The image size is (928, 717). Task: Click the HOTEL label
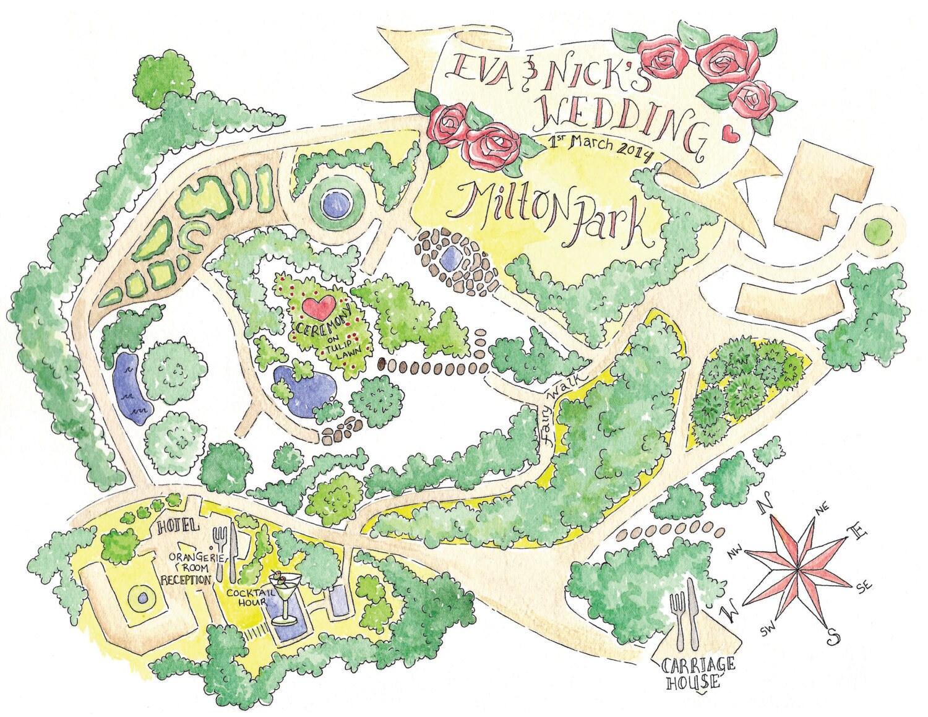pos(179,527)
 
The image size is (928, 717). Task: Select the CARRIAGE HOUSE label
pos(698,674)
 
